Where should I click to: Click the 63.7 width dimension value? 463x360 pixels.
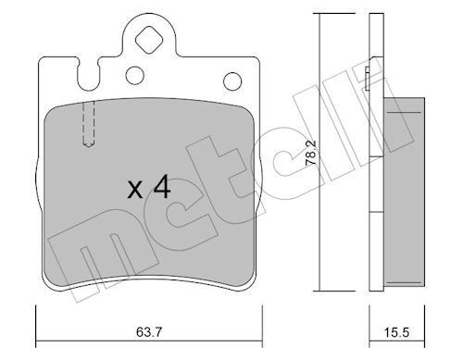point(149,332)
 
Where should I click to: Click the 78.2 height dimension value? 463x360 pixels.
point(310,155)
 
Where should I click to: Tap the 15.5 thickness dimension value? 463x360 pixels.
point(396,332)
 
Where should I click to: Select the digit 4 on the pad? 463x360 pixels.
point(162,187)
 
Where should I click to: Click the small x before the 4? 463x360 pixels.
point(135,190)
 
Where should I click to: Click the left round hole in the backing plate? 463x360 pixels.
point(135,75)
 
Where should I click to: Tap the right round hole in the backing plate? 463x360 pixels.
point(232,81)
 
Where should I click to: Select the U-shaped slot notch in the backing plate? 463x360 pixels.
point(89,74)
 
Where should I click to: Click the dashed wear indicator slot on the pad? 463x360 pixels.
point(89,124)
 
